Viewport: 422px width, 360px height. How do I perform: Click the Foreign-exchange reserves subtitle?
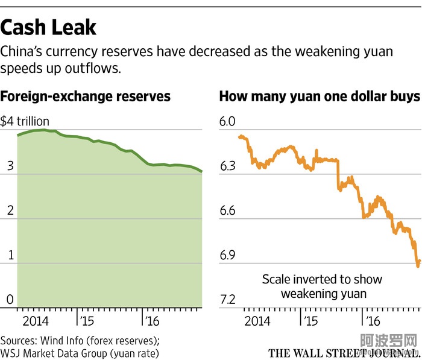click(x=85, y=96)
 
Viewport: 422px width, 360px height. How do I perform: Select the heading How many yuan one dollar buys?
click(x=319, y=96)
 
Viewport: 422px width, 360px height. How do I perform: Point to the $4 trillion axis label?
click(x=25, y=121)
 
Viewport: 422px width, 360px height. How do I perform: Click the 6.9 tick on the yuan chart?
click(x=227, y=256)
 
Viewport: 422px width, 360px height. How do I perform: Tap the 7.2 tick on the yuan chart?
click(x=227, y=300)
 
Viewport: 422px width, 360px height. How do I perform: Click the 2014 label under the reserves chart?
click(x=39, y=320)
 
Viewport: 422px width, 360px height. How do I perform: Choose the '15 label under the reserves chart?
click(x=87, y=320)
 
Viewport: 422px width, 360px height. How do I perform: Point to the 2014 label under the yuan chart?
click(x=258, y=320)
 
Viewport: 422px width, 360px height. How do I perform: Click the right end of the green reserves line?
click(x=201, y=172)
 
